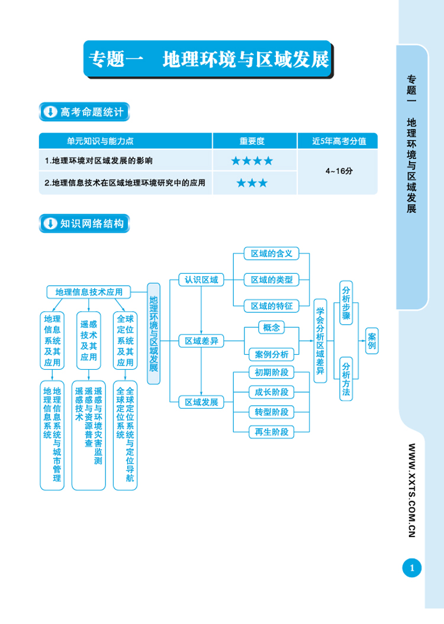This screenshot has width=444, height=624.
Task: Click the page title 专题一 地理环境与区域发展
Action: [208, 59]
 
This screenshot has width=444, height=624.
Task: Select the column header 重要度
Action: [252, 141]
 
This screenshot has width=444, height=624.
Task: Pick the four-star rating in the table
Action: [252, 161]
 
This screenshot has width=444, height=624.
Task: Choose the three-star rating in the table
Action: [252, 183]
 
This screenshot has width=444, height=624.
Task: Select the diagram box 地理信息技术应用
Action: [89, 292]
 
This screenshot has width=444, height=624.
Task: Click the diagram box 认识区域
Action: [201, 280]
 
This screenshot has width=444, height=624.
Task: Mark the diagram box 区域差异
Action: [201, 341]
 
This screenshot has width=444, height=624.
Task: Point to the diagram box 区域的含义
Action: [272, 253]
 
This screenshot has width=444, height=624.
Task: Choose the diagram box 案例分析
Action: [272, 354]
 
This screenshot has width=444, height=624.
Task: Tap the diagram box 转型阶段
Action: [272, 412]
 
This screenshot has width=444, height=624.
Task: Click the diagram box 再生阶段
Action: [272, 431]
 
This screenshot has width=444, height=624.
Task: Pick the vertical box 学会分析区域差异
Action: [320, 341]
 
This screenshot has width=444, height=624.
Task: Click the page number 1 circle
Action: [412, 568]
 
